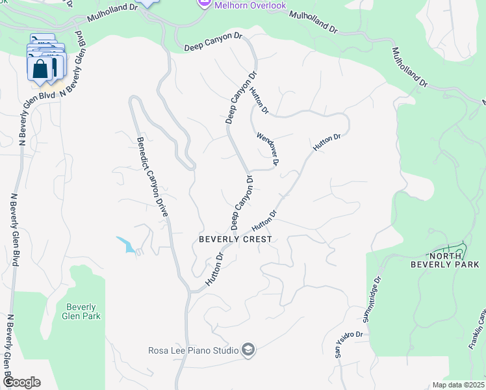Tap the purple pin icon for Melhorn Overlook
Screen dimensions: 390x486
coord(203,5)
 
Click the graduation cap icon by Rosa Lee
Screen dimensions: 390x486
coord(248,351)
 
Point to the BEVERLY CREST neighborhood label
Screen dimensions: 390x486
coord(235,239)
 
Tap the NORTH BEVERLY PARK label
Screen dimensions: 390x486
coord(445,260)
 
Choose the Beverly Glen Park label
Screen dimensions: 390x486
coord(81,311)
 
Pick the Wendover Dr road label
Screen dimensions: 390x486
coord(267,149)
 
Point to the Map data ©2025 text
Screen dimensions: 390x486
coord(459,385)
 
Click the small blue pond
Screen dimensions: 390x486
coord(126,244)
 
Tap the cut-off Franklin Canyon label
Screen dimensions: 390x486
coord(477,331)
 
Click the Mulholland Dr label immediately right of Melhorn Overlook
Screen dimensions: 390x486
coord(314,22)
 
